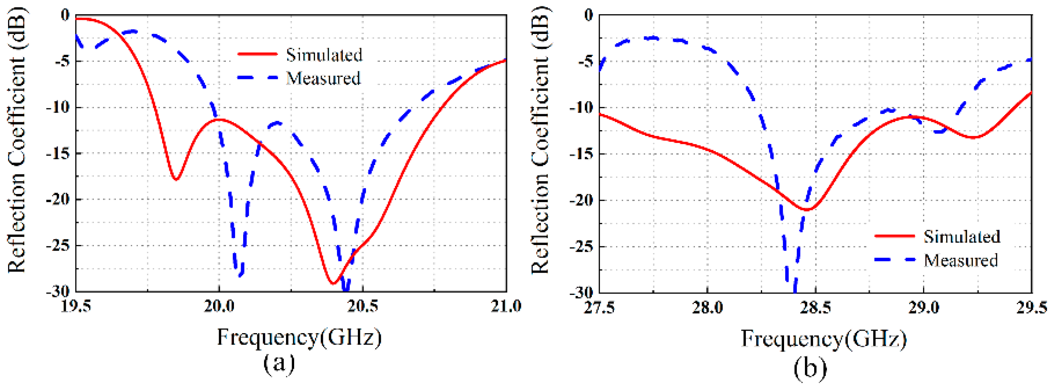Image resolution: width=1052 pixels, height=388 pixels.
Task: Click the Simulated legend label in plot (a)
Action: [x=324, y=55]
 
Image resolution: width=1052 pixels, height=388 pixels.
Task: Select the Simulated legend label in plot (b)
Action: [x=962, y=236]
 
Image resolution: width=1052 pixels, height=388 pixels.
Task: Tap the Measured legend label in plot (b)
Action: [x=961, y=260]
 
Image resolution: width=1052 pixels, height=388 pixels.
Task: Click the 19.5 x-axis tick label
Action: [x=75, y=306]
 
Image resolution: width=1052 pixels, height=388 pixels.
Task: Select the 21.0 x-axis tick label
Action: [x=505, y=306]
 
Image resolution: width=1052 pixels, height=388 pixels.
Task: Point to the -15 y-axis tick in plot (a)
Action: [x=58, y=154]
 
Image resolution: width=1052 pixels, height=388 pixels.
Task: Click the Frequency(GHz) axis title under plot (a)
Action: [x=299, y=337]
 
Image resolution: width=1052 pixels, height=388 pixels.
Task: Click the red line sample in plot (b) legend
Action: [x=894, y=236]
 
